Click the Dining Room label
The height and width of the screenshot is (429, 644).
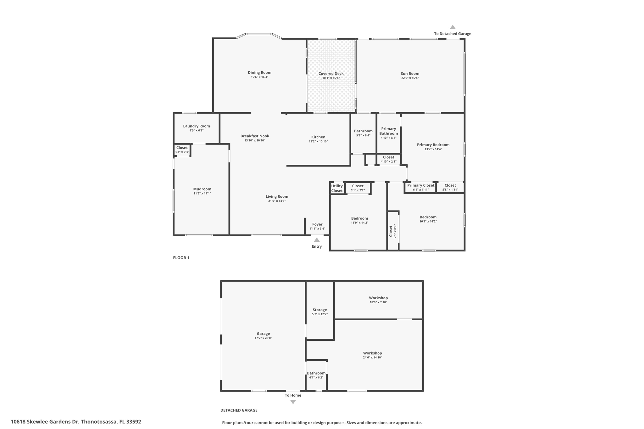(259, 73)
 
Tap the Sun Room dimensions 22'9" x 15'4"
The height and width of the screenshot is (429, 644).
(410, 78)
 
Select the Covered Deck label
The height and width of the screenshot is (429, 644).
(331, 74)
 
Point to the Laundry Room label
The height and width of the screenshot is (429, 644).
(197, 126)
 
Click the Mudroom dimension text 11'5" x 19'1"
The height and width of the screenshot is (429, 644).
(202, 193)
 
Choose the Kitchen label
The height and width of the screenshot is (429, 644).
(318, 137)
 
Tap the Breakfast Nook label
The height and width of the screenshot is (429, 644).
(255, 136)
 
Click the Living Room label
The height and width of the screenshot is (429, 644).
(277, 196)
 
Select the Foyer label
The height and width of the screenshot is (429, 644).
(317, 224)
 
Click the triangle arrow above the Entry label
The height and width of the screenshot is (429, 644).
(317, 240)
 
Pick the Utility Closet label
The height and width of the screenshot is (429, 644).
(337, 188)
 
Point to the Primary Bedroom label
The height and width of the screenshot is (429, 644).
(433, 145)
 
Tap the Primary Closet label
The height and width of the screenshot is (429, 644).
(421, 185)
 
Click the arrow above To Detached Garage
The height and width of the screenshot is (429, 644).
(452, 27)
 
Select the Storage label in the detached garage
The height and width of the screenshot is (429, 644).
(319, 310)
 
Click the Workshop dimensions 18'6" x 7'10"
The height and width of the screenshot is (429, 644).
(378, 302)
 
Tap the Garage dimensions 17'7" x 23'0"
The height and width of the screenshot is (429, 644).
(263, 338)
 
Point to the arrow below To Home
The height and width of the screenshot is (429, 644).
(293, 402)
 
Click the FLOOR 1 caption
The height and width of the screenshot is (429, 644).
(181, 258)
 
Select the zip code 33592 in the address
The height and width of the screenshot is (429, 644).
(134, 422)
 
